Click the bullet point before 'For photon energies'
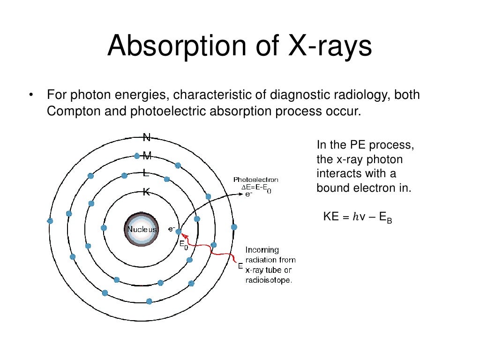[x=31, y=96]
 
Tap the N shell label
[x=147, y=137]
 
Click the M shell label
[x=147, y=156]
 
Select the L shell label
[x=146, y=173]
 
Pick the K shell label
[x=146, y=192]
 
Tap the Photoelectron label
[x=255, y=180]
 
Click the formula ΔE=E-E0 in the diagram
[x=256, y=187]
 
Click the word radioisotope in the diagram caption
[x=269, y=280]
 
